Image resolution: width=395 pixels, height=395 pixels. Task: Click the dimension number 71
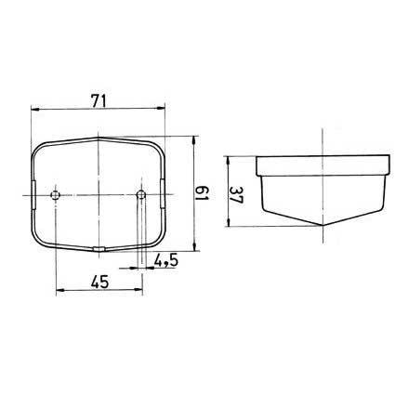pos(99,101)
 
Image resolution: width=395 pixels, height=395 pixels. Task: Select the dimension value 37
pos(237,195)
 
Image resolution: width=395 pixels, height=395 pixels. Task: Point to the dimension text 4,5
pos(166,261)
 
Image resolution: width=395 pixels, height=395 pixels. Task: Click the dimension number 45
pos(99,282)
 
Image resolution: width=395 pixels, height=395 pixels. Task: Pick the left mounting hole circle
pos(55,195)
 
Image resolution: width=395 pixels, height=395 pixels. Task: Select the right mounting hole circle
pos(141,195)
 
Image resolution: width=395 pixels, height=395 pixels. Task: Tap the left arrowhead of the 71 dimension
pos(35,109)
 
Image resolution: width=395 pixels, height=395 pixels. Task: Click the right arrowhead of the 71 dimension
pos(161,108)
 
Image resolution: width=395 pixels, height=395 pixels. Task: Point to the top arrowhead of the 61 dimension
pos(194,140)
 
